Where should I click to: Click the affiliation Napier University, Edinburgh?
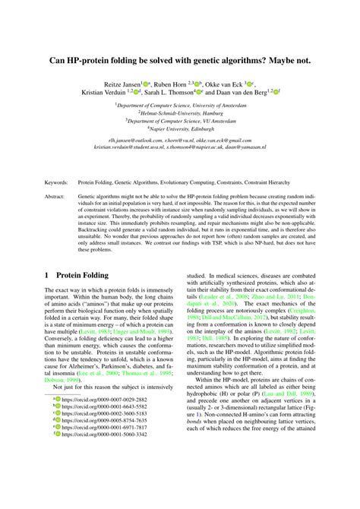[x=180, y=129]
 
